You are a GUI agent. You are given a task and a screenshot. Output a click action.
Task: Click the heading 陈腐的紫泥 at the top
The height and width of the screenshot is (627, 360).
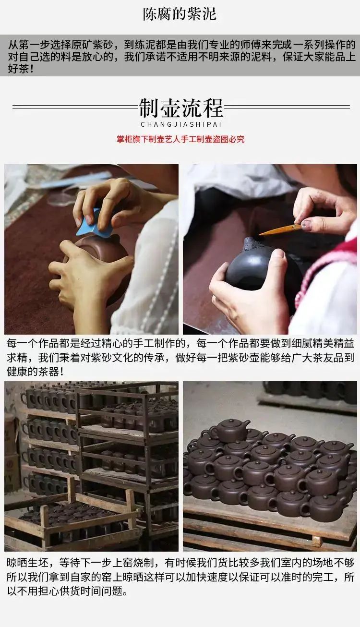(x=180, y=14)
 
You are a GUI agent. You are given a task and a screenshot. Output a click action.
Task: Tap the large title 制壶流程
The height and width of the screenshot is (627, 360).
(x=181, y=108)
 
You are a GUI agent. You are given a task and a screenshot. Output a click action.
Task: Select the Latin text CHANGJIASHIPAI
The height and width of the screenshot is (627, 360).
(x=181, y=124)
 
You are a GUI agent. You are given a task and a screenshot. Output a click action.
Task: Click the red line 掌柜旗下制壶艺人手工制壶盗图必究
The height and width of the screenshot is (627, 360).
(x=180, y=139)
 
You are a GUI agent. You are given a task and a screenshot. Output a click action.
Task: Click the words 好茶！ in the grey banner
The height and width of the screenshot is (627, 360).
(x=21, y=69)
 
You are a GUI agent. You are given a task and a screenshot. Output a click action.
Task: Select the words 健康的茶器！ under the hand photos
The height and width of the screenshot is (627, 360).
(x=35, y=372)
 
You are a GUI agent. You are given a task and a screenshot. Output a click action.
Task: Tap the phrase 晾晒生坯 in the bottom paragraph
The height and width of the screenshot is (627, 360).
(x=28, y=562)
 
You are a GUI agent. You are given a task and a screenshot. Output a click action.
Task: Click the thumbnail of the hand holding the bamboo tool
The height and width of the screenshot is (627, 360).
(x=270, y=249)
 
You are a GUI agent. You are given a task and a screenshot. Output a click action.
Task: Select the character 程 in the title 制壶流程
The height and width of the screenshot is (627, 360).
(x=213, y=108)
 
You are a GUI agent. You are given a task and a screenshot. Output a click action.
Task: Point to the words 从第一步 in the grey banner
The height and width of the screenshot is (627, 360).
(x=28, y=45)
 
